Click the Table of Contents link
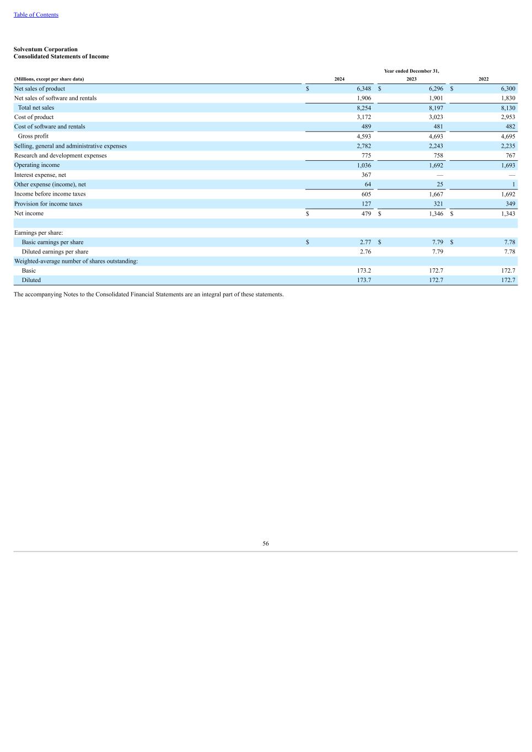(36, 15)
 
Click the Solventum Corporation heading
(46, 50)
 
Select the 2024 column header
(340, 79)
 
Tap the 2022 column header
(483, 79)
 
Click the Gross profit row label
(33, 136)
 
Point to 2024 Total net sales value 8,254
(364, 108)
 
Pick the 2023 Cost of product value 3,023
(436, 117)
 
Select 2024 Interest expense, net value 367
(366, 175)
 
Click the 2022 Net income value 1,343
(508, 214)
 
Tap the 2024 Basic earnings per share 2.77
(365, 242)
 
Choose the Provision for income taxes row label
(48, 204)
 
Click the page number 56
(266, 544)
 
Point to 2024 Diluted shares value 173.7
(364, 280)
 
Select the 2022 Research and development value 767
(510, 156)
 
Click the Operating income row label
(37, 165)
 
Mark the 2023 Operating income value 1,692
(436, 165)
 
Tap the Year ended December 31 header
(411, 71)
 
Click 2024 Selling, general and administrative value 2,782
(364, 146)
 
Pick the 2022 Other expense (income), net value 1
(513, 185)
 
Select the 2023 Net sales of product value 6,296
(436, 89)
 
